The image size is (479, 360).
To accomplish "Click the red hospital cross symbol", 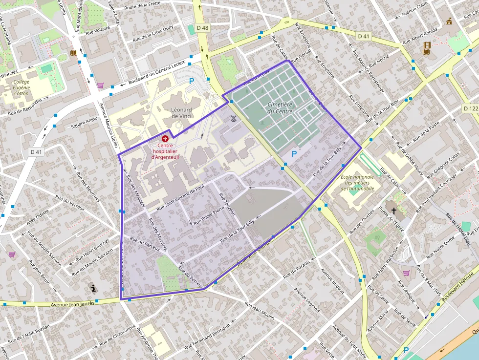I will (x=165, y=139).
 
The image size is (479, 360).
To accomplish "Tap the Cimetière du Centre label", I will (x=280, y=108).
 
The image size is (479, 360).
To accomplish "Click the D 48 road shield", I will (x=202, y=28).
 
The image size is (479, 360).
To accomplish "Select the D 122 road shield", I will (x=471, y=108).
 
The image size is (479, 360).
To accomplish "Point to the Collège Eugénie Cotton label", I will (x=22, y=87).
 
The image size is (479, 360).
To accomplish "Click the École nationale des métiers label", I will (x=357, y=183).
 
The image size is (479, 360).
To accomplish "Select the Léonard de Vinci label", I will (x=181, y=113).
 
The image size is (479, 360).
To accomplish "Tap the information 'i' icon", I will (x=93, y=288).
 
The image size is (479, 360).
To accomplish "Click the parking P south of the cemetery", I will (x=294, y=154).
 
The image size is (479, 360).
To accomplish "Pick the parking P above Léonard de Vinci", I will (x=192, y=81).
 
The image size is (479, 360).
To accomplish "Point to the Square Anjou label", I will (x=85, y=121).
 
